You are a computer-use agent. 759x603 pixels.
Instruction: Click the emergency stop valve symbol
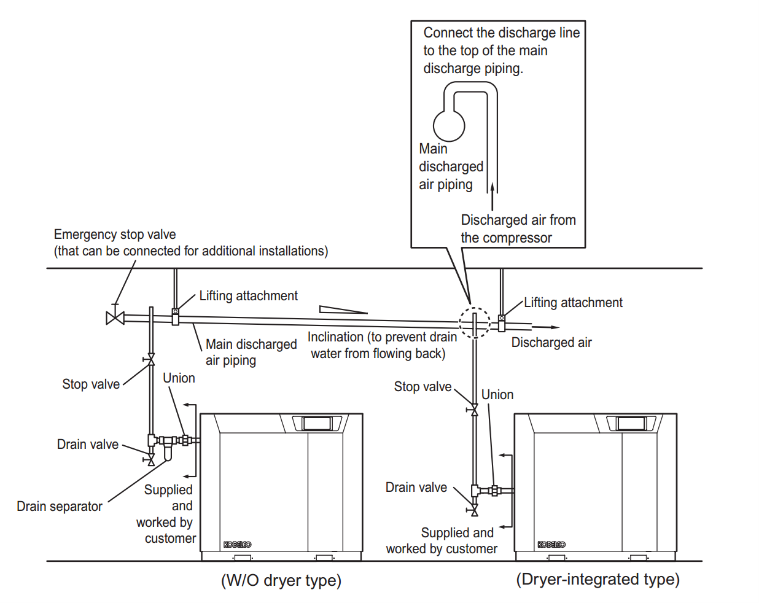click(x=115, y=317)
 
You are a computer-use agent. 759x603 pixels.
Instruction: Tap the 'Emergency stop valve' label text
click(x=115, y=235)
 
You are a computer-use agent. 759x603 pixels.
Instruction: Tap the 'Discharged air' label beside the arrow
click(x=551, y=343)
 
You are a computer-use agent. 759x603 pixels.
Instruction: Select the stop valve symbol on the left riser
click(x=151, y=359)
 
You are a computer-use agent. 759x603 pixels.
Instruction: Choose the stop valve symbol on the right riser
click(x=474, y=410)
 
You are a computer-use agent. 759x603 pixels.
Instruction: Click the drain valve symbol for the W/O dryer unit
click(x=151, y=459)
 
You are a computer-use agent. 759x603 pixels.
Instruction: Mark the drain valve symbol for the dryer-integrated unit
click(x=474, y=510)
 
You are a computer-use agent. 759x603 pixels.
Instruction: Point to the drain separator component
click(x=168, y=451)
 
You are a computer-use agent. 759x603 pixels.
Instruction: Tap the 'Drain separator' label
click(x=60, y=507)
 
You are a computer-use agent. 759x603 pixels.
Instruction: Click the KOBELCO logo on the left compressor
click(x=237, y=545)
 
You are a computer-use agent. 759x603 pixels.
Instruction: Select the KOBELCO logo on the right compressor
click(x=551, y=545)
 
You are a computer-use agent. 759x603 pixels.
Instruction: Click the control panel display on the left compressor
click(x=317, y=423)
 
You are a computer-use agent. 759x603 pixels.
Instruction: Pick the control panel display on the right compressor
click(x=631, y=423)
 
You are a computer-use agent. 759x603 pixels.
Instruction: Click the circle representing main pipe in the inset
click(x=449, y=125)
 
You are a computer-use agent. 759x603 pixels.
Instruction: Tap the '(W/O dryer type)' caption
click(x=281, y=580)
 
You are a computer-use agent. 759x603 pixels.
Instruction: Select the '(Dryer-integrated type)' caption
click(x=597, y=579)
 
